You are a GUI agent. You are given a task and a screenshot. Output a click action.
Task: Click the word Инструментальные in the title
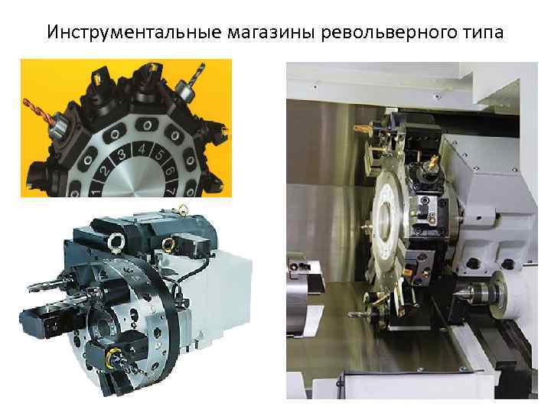coord(134,32)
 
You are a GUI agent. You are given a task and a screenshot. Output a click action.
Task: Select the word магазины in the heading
coord(271,33)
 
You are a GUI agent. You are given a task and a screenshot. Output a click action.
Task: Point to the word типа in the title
coord(481,33)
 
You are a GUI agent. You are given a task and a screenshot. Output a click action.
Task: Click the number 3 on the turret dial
coord(121,154)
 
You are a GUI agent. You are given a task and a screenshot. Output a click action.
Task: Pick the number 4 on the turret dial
coord(142,149)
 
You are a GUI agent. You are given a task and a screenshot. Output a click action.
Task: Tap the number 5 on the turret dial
coord(160,154)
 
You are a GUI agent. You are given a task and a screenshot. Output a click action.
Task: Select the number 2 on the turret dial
coord(104,171)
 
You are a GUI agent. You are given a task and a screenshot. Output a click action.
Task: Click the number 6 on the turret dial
coord(169,171)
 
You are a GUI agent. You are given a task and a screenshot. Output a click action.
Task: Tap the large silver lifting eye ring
coord(116,242)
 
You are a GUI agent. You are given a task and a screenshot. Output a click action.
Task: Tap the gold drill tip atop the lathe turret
coord(361,129)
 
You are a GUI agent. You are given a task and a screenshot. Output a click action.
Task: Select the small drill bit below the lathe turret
coord(359,314)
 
